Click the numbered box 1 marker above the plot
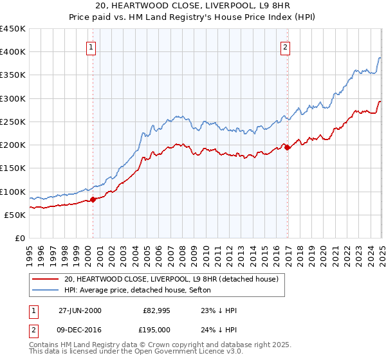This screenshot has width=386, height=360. point(91,46)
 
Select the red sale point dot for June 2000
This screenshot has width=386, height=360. point(93,199)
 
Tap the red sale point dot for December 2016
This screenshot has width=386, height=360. point(288,147)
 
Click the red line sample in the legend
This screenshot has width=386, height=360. point(45,279)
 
